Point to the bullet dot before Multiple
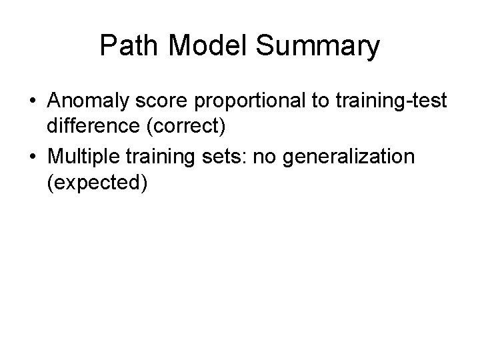[32, 157]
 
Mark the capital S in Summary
[262, 47]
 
